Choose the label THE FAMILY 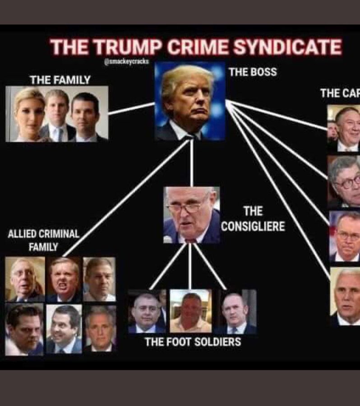(60, 80)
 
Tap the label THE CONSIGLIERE (253, 218)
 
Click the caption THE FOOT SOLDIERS (193, 341)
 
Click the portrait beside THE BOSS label (190, 102)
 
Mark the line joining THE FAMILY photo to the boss (131, 109)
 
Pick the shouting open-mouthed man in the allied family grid (64, 280)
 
